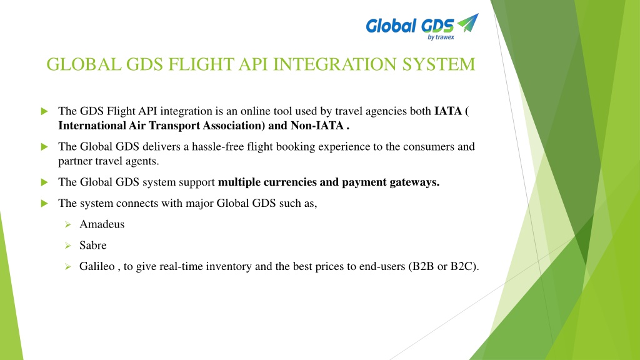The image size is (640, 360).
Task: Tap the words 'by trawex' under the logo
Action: click(441, 37)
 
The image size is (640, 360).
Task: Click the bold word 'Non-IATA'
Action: click(317, 125)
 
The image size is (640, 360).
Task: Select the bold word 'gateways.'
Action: click(414, 182)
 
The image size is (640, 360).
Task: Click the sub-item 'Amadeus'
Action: click(102, 224)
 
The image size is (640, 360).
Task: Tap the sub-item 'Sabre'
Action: click(92, 245)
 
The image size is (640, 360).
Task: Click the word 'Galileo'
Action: click(97, 266)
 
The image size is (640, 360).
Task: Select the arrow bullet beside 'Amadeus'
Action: click(67, 224)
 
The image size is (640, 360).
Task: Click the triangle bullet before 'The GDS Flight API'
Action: click(44, 111)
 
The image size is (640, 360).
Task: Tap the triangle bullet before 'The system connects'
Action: click(44, 203)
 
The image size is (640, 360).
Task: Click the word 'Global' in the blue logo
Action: click(391, 26)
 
